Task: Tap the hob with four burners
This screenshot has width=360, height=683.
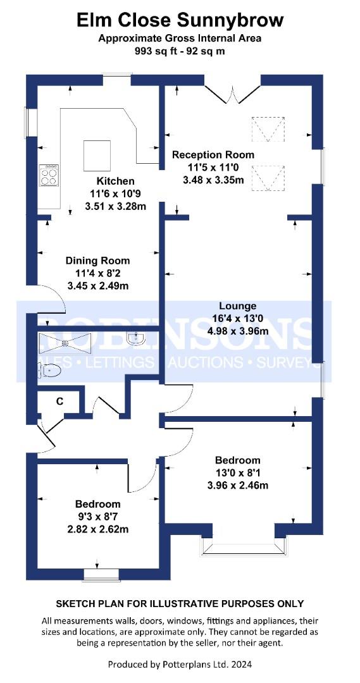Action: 49,175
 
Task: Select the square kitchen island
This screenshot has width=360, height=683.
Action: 97,156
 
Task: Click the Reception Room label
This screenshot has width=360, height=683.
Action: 213,155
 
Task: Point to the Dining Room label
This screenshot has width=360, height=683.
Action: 97,261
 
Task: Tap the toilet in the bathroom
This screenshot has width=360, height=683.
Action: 49,371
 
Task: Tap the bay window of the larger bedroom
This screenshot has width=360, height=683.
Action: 244,546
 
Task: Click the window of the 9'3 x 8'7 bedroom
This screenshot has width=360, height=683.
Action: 101,574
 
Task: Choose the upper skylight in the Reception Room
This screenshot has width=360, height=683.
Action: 268,129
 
